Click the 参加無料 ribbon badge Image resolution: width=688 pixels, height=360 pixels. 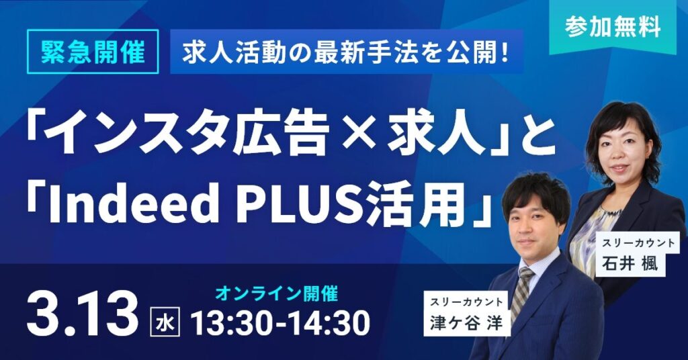click(x=613, y=28)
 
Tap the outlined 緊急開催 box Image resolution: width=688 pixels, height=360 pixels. click(x=93, y=52)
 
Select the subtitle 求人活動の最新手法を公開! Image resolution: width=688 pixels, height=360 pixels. click(x=346, y=52)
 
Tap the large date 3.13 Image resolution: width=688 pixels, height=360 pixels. click(x=82, y=313)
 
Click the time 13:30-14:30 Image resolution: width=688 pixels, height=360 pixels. click(x=280, y=323)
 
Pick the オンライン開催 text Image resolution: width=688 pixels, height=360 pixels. click(x=276, y=294)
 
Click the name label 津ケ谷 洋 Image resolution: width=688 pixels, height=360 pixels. click(x=467, y=314)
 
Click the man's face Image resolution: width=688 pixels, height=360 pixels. click(x=535, y=228)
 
